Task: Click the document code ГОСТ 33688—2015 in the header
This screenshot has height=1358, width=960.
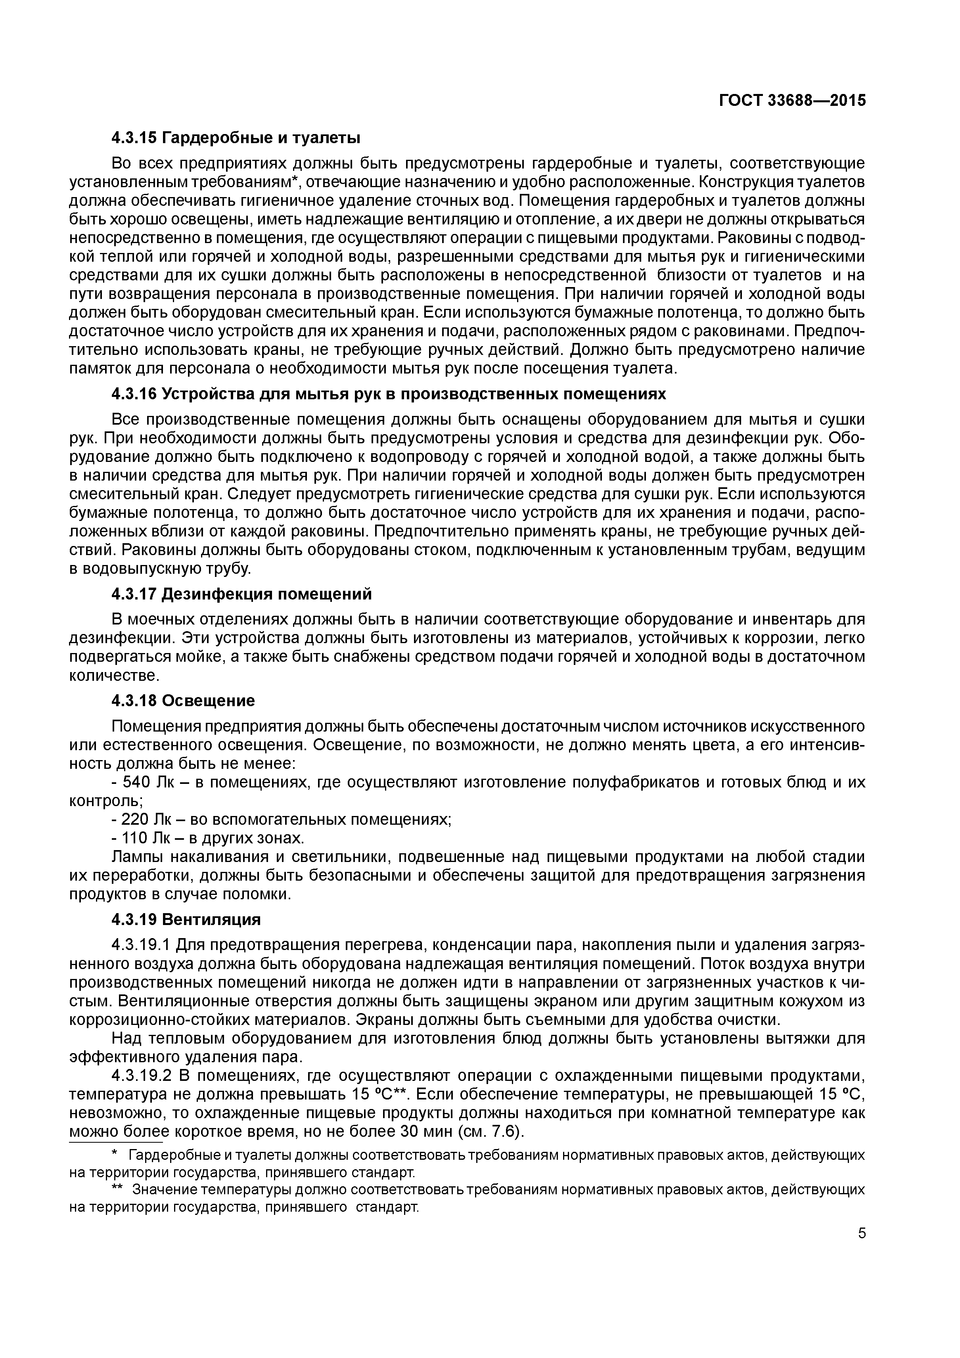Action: tap(792, 101)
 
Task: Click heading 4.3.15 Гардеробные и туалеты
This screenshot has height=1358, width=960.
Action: tap(236, 138)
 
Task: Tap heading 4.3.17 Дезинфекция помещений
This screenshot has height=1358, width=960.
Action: tap(241, 593)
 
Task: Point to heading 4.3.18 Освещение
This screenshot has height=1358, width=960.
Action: tap(183, 701)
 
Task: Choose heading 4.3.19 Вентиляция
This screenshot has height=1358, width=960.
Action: tap(186, 920)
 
